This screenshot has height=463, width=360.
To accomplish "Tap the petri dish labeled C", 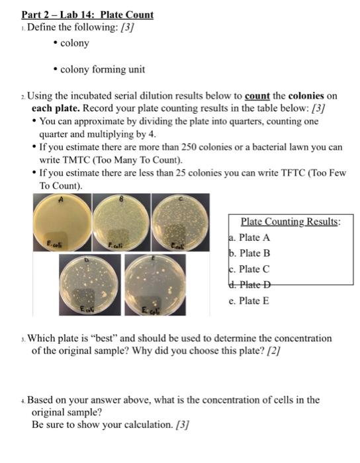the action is (181, 225).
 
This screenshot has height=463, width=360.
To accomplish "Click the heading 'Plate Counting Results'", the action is (290, 222).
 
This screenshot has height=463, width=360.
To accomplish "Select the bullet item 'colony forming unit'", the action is (103, 69).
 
